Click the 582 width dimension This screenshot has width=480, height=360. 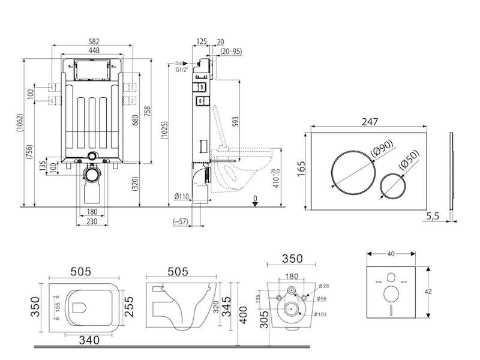[x=92, y=41]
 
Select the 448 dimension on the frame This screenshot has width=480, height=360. [x=92, y=51]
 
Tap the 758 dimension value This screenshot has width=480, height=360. [x=148, y=112]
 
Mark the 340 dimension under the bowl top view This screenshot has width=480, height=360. [x=88, y=341]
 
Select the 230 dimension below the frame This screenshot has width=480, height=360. [x=94, y=221]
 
